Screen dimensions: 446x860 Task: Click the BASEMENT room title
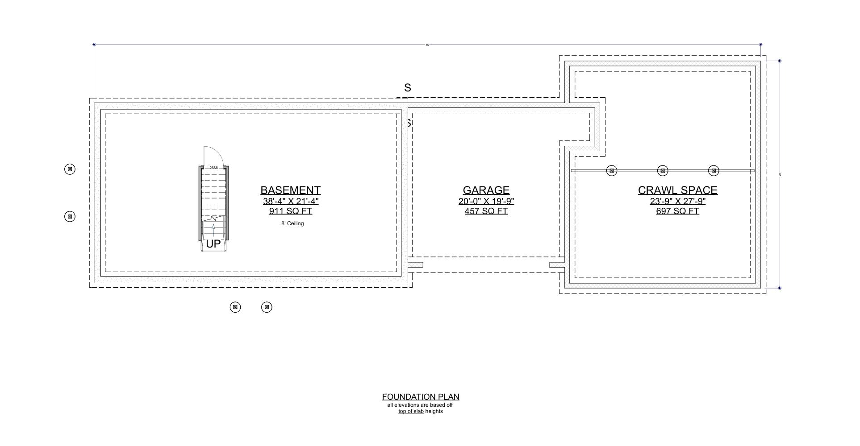[x=290, y=190]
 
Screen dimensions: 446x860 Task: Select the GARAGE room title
[x=486, y=190]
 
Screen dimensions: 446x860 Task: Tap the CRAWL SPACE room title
[x=677, y=190]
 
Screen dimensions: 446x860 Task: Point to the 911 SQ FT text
[x=290, y=211]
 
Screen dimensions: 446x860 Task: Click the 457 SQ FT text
[x=486, y=211]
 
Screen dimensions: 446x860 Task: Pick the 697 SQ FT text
[x=677, y=211]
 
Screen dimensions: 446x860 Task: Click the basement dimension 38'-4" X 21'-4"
[x=290, y=201]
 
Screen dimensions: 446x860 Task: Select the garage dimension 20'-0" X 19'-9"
[x=486, y=201]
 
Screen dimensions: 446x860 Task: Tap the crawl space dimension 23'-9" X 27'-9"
[x=677, y=201]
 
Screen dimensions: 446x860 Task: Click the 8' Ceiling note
[x=292, y=223]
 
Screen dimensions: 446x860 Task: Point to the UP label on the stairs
[x=213, y=244]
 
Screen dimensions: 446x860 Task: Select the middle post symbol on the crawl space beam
[x=663, y=171]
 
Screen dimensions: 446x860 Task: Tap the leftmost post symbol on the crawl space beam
[x=612, y=171]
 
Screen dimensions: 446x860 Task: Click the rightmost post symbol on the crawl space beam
[x=714, y=171]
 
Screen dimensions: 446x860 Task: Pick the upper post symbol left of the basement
[x=70, y=169]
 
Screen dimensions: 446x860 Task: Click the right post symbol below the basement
[x=267, y=307]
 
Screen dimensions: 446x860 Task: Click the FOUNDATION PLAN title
[x=420, y=397]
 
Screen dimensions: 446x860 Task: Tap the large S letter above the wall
[x=407, y=88]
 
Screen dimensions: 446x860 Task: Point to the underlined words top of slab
[x=411, y=411]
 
